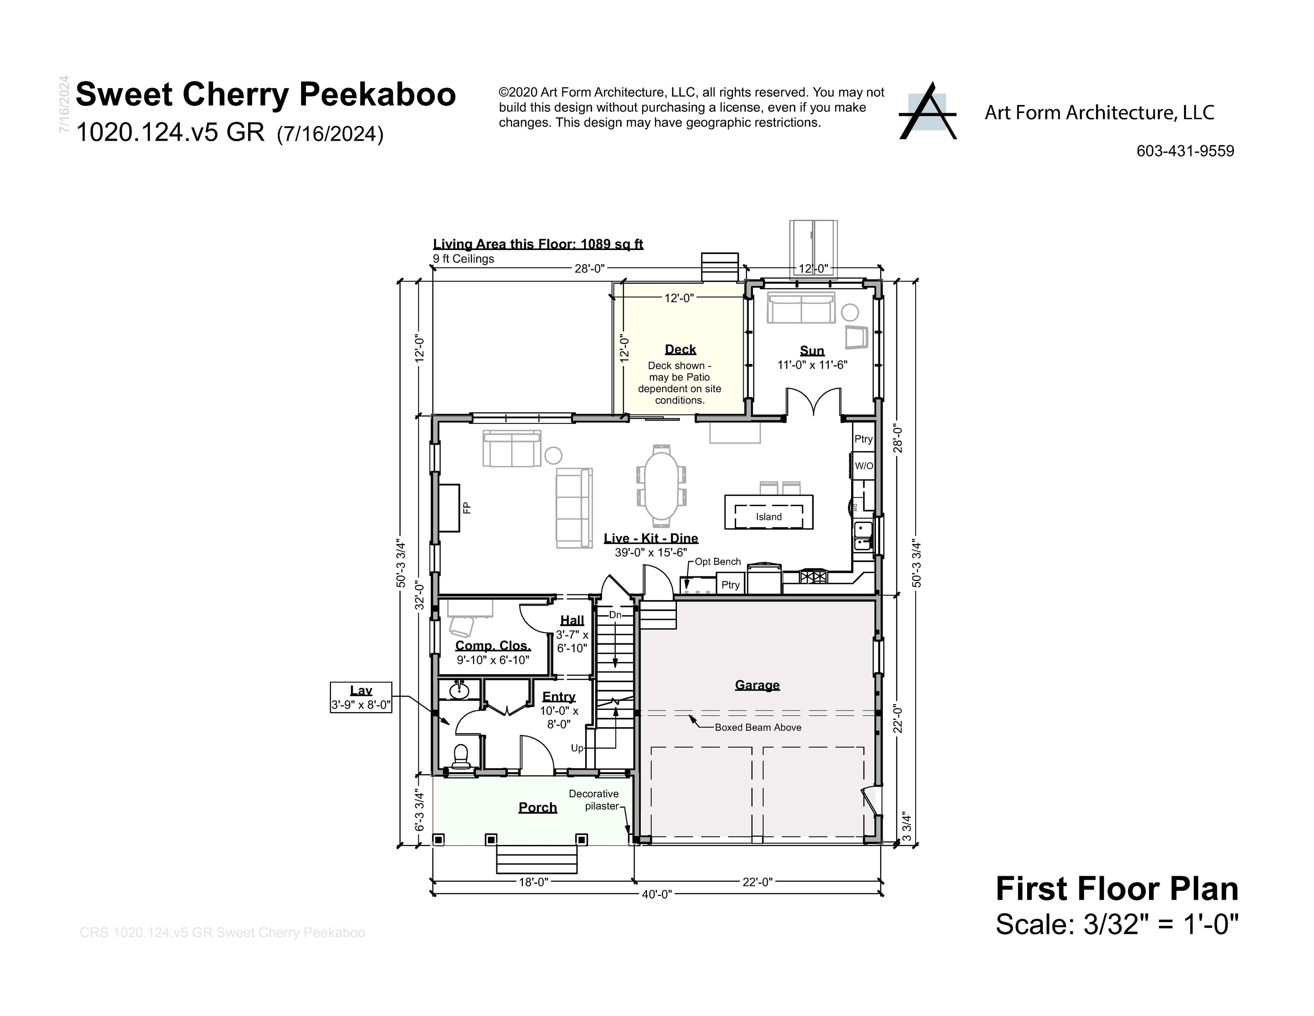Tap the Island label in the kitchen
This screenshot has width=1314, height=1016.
[x=768, y=516]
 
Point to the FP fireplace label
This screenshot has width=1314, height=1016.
[x=467, y=508]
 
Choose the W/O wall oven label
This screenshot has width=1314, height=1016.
[x=864, y=466]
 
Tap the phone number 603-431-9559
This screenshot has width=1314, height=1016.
[x=1185, y=151]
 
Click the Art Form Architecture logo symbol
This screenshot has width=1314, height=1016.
[x=927, y=112]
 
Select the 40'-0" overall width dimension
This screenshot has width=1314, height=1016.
[x=656, y=894]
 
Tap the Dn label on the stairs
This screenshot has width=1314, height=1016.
[x=615, y=615]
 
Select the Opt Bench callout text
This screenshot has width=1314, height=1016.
[x=717, y=561]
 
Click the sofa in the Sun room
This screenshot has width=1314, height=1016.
[x=800, y=308]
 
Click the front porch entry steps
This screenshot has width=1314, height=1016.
[x=536, y=859]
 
